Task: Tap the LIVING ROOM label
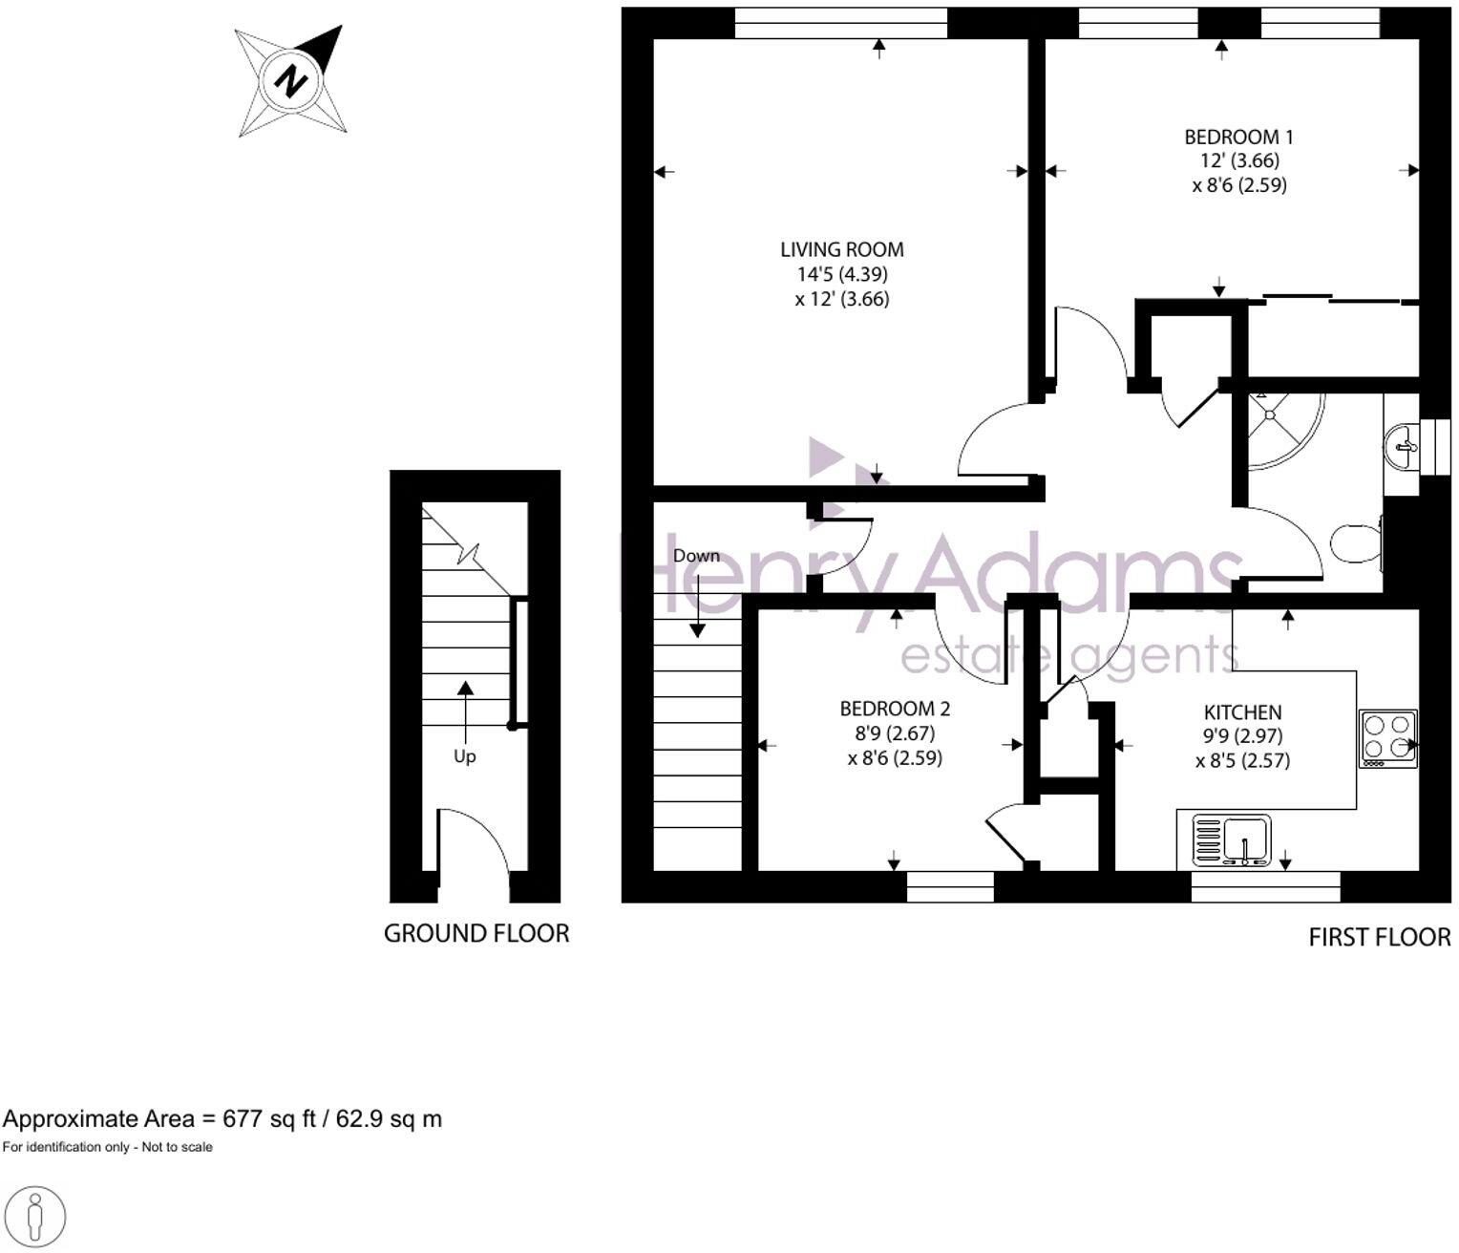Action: (841, 250)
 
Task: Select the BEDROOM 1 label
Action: (1238, 137)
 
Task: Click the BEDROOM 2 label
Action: (895, 709)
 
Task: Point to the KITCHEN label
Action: (1242, 712)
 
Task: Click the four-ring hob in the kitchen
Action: (1388, 738)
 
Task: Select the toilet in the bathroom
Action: (1356, 543)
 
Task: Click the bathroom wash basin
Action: (1402, 446)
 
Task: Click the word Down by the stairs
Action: (696, 556)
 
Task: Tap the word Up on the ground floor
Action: (464, 756)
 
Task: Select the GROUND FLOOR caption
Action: (476, 933)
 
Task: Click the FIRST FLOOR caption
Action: (1379, 937)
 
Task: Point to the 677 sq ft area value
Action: (268, 1118)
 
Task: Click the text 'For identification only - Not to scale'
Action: (107, 1147)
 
